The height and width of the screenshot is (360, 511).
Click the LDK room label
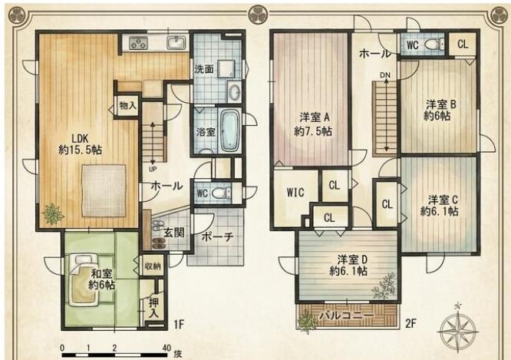click(81, 138)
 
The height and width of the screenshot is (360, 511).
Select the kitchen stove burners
click(139, 43)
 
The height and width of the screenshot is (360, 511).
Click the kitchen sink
click(176, 43)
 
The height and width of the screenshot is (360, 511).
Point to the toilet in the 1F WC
click(222, 193)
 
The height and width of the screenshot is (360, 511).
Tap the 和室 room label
click(101, 273)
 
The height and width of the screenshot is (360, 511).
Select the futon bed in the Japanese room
click(83, 279)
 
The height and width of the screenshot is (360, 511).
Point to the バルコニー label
click(346, 315)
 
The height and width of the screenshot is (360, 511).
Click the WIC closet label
click(295, 193)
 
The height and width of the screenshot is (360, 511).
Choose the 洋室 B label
click(441, 104)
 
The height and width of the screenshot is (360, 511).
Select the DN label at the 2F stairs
click(385, 75)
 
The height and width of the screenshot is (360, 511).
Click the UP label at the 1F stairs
click(153, 170)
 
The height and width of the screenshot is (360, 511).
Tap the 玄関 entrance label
click(174, 233)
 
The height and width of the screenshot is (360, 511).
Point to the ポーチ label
click(217, 237)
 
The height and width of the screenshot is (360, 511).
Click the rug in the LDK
click(104, 190)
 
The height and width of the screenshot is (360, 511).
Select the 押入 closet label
click(153, 308)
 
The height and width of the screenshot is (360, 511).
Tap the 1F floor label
click(179, 324)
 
